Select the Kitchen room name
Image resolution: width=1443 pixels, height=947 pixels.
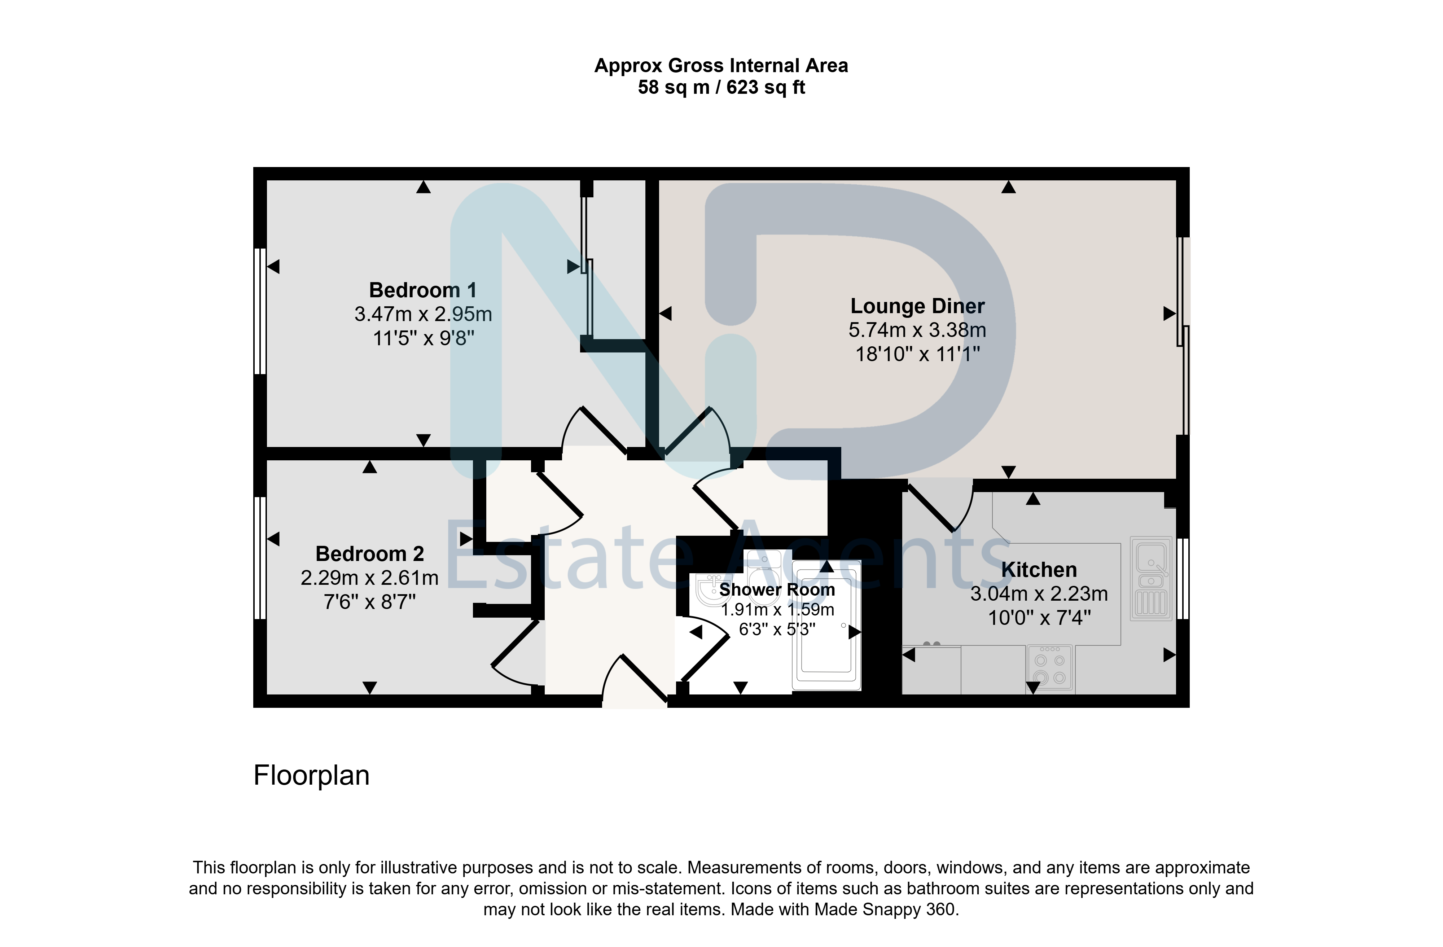pyautogui.click(x=1039, y=570)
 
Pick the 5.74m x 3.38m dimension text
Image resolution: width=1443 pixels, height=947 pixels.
pyautogui.click(x=917, y=330)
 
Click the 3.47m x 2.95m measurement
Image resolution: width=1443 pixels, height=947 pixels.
pyautogui.click(x=423, y=314)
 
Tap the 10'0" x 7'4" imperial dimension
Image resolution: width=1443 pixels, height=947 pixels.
pyautogui.click(x=1039, y=618)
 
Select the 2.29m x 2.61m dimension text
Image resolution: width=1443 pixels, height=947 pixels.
pyautogui.click(x=370, y=578)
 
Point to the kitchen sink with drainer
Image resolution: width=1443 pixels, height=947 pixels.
pyautogui.click(x=1150, y=578)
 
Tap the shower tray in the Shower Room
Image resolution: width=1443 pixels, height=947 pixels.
pyautogui.click(x=826, y=625)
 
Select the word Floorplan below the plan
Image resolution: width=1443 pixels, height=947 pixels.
pyautogui.click(x=312, y=775)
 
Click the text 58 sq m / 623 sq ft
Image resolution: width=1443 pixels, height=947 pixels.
pyautogui.click(x=721, y=87)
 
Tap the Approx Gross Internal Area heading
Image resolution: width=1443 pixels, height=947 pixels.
pyautogui.click(x=721, y=65)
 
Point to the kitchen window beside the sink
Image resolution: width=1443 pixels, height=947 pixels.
pyautogui.click(x=1183, y=578)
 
